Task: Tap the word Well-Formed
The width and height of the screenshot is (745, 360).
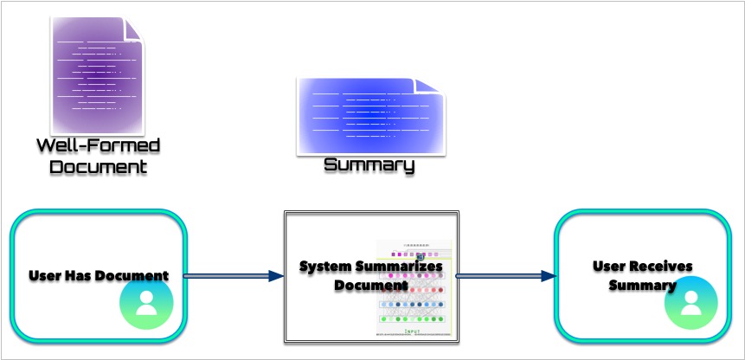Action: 98,145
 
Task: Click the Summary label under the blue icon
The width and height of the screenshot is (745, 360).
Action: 369,165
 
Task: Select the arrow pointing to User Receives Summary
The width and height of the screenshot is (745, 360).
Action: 505,276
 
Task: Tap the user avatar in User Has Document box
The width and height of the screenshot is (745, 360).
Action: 147,303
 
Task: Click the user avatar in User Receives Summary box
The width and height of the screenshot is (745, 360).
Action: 690,303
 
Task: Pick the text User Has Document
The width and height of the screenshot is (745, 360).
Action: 98,276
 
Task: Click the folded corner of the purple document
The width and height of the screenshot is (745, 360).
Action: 133,28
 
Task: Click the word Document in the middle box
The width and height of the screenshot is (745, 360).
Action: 370,285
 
